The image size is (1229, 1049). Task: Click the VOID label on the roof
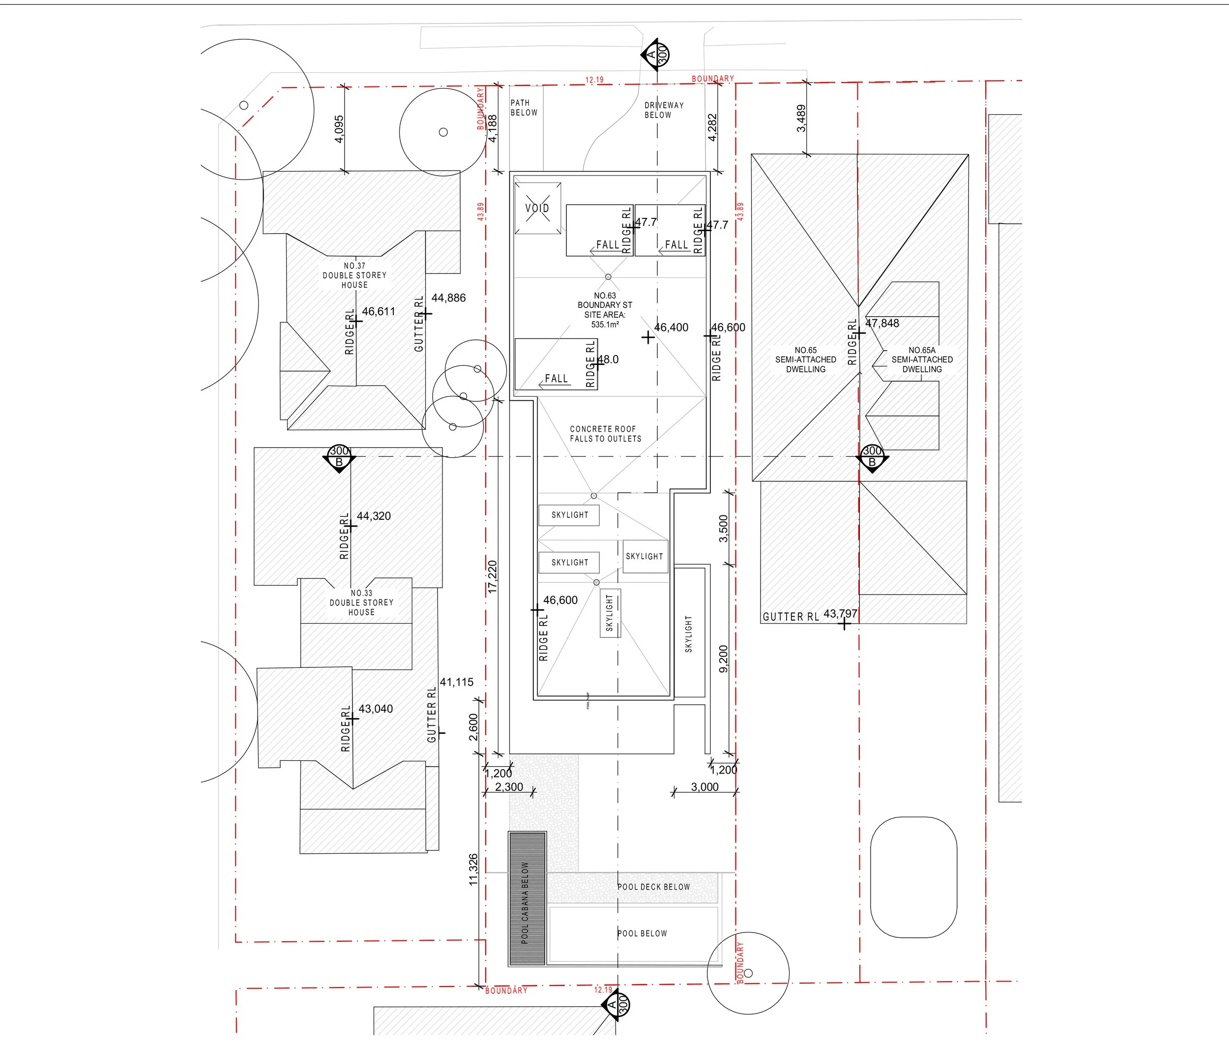click(x=537, y=208)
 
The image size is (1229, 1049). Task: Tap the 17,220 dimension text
click(x=492, y=577)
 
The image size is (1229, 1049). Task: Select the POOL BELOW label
click(x=642, y=933)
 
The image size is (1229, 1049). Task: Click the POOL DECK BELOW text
click(x=654, y=887)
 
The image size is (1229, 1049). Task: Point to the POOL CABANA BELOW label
click(x=525, y=902)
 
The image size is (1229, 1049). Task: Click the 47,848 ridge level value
click(x=882, y=324)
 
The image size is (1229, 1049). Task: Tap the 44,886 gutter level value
click(x=448, y=298)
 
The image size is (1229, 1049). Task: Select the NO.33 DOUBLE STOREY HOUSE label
click(x=361, y=602)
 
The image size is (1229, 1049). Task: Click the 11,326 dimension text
click(x=473, y=870)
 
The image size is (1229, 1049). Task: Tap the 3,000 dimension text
click(x=704, y=787)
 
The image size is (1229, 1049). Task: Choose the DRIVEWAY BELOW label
click(x=664, y=110)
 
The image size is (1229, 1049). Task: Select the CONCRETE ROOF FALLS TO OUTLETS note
click(x=605, y=434)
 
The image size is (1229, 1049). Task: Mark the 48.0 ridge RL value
click(x=608, y=360)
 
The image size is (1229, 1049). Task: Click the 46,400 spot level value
click(x=671, y=328)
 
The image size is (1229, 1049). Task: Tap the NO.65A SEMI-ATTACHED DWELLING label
click(x=922, y=360)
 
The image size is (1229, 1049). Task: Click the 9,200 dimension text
click(x=723, y=659)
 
